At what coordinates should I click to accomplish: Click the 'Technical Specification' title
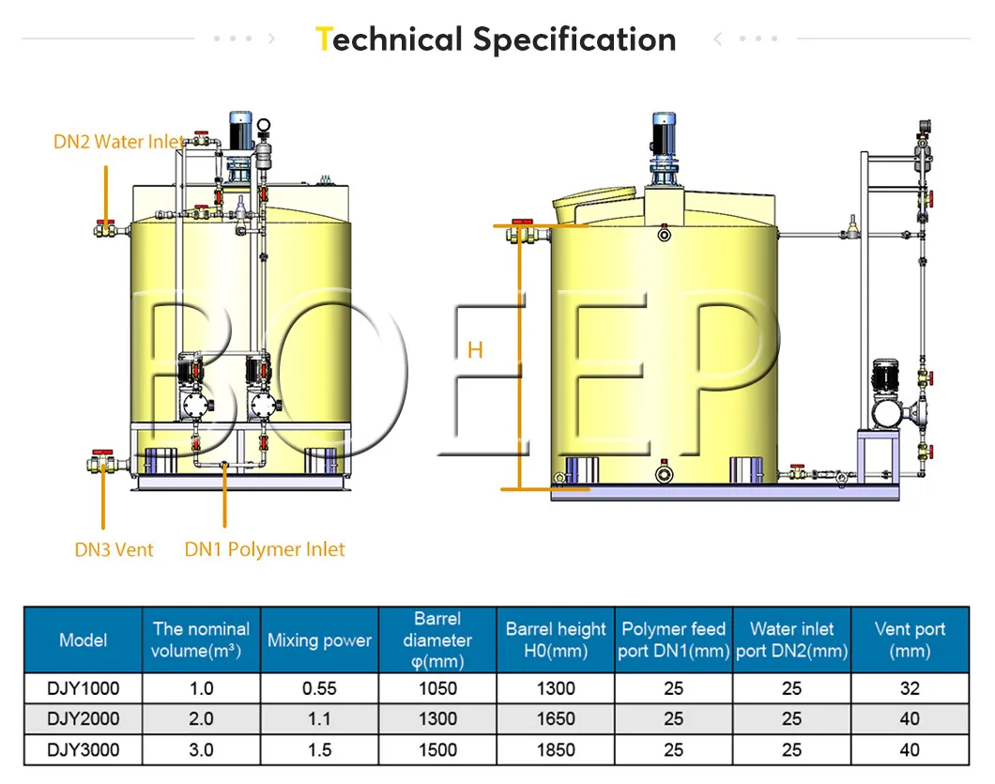[x=497, y=39]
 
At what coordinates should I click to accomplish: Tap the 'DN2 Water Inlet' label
[x=118, y=142]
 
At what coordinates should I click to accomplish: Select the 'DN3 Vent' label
[x=114, y=549]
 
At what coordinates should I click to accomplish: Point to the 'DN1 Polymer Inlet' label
[x=265, y=549]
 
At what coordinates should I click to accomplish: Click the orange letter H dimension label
[x=475, y=350]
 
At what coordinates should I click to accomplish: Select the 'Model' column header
[x=83, y=640]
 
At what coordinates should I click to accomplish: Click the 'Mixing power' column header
[x=319, y=640]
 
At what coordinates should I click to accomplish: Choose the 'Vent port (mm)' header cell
[x=910, y=640]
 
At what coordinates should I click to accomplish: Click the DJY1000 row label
[x=83, y=688]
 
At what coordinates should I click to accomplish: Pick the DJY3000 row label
[x=83, y=750]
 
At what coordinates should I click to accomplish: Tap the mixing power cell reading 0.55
[x=319, y=688]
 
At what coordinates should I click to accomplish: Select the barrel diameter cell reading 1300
[x=437, y=719]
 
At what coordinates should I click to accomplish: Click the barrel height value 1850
[x=556, y=750]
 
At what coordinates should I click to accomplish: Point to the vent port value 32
[x=910, y=688]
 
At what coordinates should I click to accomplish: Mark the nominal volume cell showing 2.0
[x=201, y=719]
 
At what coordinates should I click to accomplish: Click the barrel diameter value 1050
[x=437, y=688]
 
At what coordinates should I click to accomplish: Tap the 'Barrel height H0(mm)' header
[x=556, y=640]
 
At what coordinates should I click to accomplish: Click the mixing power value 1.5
[x=319, y=750]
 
